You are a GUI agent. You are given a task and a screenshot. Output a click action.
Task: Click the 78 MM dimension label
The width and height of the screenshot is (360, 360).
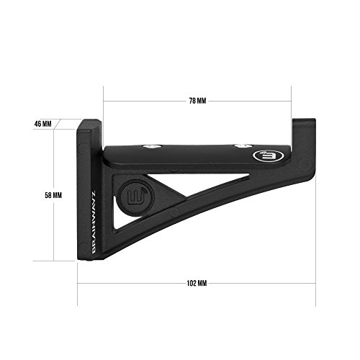pyautogui.click(x=197, y=101)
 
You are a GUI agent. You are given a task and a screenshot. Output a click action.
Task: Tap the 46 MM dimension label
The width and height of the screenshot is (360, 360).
pyautogui.click(x=43, y=124)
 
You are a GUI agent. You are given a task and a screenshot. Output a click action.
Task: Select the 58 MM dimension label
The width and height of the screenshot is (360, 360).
pyautogui.click(x=53, y=195)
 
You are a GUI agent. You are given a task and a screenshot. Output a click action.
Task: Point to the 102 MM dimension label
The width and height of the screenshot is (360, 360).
pyautogui.click(x=197, y=284)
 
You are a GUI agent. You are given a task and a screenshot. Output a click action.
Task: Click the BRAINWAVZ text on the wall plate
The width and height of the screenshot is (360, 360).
pyautogui.click(x=94, y=222)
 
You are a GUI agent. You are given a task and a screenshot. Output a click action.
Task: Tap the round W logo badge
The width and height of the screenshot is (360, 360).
pyautogui.click(x=136, y=197)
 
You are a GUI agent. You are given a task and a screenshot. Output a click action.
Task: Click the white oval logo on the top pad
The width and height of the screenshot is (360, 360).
pyautogui.click(x=269, y=156)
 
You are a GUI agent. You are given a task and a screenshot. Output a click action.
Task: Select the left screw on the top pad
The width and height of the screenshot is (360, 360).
pyautogui.click(x=151, y=146)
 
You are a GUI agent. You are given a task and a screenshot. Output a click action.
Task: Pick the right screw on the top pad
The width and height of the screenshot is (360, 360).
pyautogui.click(x=243, y=145)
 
